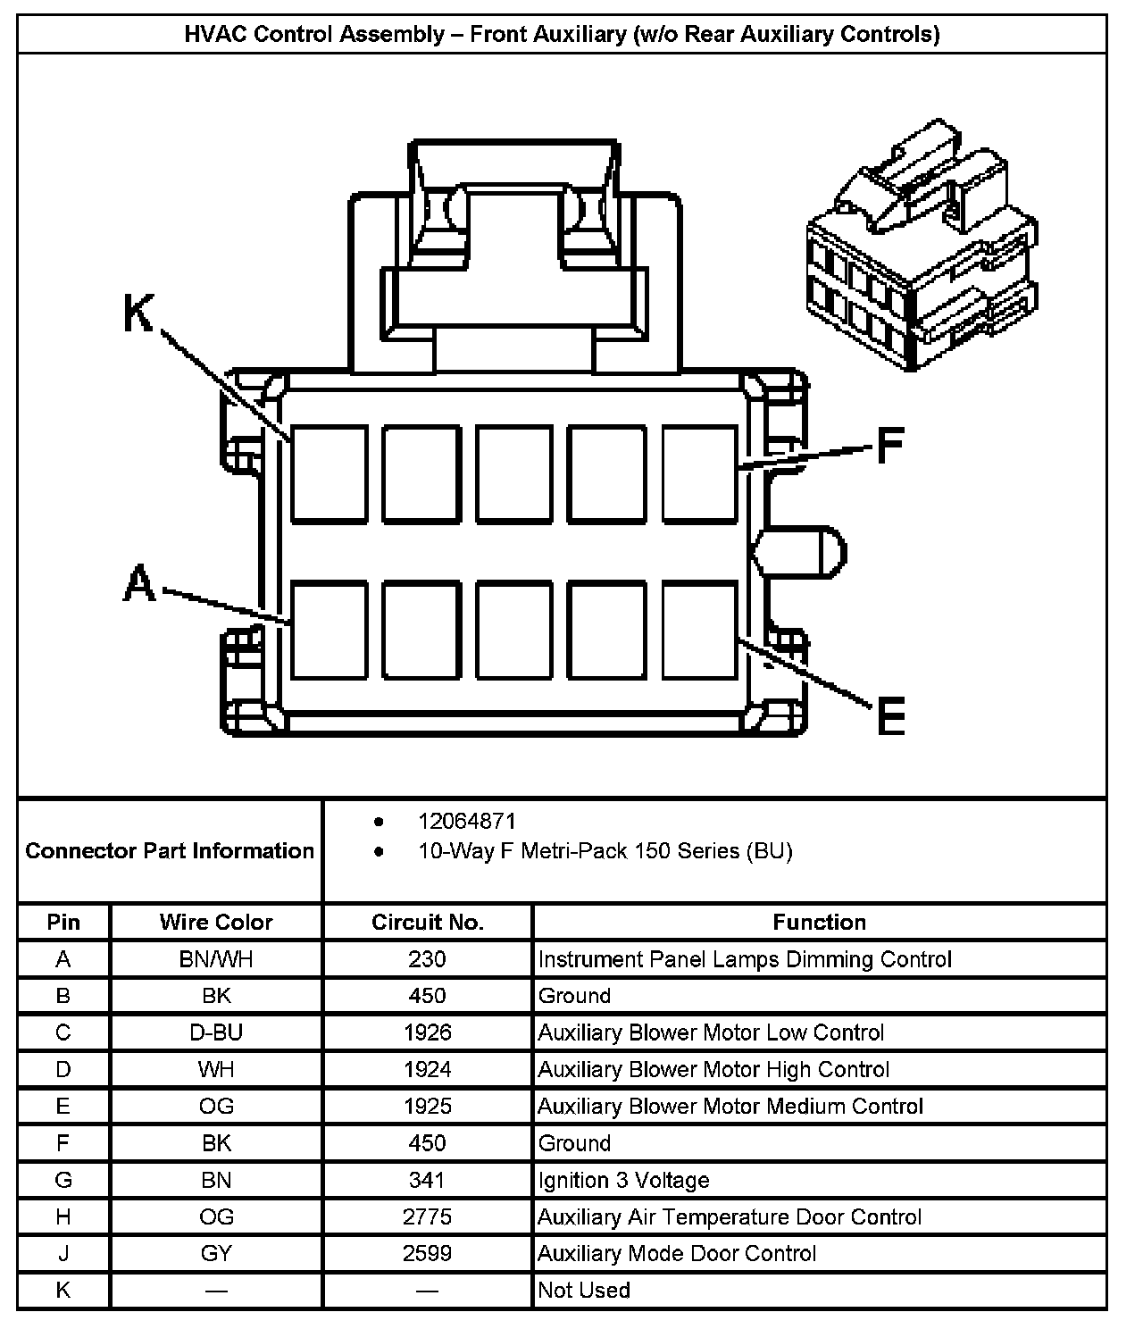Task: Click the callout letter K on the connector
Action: pyautogui.click(x=138, y=315)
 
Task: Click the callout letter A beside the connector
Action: pyautogui.click(x=139, y=585)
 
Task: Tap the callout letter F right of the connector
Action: pyautogui.click(x=889, y=445)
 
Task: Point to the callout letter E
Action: pyautogui.click(x=890, y=716)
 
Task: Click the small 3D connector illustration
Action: pyautogui.click(x=923, y=247)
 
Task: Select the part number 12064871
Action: pyautogui.click(x=467, y=821)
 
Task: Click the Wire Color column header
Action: pyautogui.click(x=216, y=922)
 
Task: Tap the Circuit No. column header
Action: pyautogui.click(x=427, y=922)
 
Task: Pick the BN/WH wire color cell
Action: pyautogui.click(x=216, y=959)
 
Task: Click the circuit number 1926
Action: pyautogui.click(x=427, y=1032)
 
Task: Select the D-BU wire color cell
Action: pyautogui.click(x=216, y=1032)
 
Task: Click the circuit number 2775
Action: pyautogui.click(x=427, y=1216)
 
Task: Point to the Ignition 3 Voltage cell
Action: pyautogui.click(x=623, y=1180)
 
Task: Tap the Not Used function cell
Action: pyautogui.click(x=584, y=1290)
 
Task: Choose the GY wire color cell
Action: pyautogui.click(x=216, y=1253)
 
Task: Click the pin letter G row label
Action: pyautogui.click(x=63, y=1180)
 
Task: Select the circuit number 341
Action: pyautogui.click(x=427, y=1180)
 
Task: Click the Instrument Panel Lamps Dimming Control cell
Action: pyautogui.click(x=745, y=959)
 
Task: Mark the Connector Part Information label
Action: pyautogui.click(x=170, y=850)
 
